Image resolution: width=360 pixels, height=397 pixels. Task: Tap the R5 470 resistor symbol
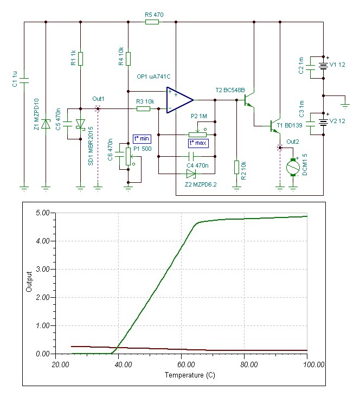coord(152,22)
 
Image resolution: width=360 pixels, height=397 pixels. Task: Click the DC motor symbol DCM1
coord(293,167)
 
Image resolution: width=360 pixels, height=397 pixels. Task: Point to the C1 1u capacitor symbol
coord(24,81)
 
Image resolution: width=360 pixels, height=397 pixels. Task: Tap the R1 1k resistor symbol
coord(80,58)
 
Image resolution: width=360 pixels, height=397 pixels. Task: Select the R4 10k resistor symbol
coord(128,58)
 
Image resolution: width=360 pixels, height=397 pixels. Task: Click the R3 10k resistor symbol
coord(143,109)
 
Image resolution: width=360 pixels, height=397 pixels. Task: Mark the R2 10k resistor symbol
coord(236,167)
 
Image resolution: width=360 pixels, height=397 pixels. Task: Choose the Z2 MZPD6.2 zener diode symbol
coord(190,174)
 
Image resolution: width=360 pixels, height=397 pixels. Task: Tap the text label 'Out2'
coord(293,142)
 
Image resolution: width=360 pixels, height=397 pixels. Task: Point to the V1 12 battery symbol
coord(323,66)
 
